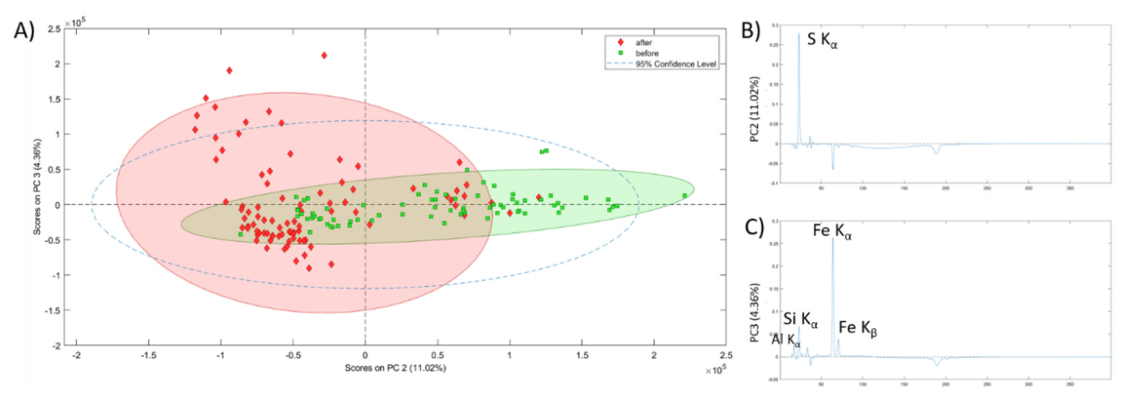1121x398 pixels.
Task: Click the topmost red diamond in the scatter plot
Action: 324,56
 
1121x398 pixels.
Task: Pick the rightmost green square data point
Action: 685,196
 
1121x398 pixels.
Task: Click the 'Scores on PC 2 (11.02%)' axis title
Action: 395,368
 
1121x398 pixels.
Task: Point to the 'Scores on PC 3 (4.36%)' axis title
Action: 37,187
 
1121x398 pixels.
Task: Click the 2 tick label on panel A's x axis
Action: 653,355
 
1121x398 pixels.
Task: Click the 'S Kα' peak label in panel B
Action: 822,40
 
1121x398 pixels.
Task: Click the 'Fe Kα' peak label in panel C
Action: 832,231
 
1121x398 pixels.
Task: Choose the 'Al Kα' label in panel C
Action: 786,340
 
